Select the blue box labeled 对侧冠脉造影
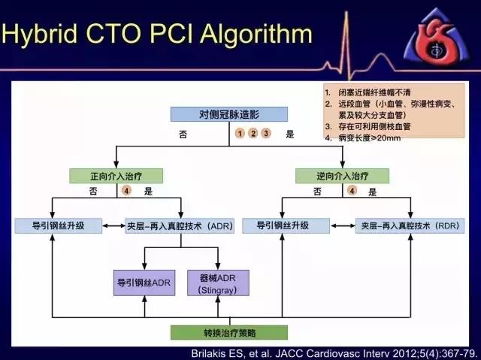click(x=229, y=114)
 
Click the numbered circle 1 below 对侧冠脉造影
click(x=240, y=134)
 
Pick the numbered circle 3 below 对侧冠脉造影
click(x=266, y=134)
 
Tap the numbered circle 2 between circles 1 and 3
click(x=253, y=134)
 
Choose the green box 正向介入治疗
click(x=116, y=176)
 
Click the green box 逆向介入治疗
click(x=342, y=176)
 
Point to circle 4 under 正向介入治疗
click(x=127, y=192)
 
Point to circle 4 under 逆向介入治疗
click(x=352, y=192)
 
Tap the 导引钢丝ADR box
click(x=144, y=282)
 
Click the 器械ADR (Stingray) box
click(x=218, y=282)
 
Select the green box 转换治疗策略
click(x=228, y=332)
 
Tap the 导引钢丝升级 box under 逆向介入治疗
click(x=285, y=225)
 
